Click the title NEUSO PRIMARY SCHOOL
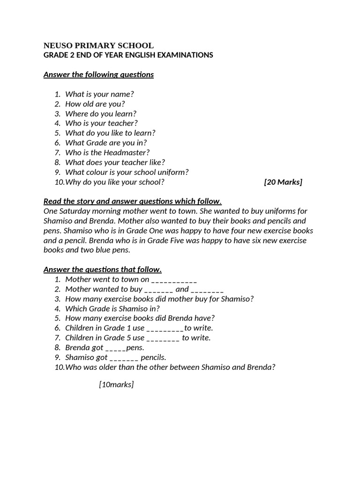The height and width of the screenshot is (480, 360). coord(98,45)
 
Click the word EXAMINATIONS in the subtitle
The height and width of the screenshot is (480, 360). coord(186,55)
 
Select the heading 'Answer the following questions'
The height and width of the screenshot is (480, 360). coord(98,75)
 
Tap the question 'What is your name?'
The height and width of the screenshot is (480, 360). coord(96,94)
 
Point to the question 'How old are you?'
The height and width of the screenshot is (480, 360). coord(95,104)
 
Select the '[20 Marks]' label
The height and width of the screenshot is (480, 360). coord(283,182)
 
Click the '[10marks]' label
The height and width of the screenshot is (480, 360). coord(116,385)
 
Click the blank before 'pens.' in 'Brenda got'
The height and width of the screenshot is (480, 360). coord(116,348)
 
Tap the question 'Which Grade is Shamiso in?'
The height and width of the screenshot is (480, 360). coord(112,308)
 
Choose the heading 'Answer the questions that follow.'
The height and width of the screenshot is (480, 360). coord(102,270)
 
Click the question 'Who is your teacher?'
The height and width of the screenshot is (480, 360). coord(101,123)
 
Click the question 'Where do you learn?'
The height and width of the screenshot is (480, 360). coord(101,113)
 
